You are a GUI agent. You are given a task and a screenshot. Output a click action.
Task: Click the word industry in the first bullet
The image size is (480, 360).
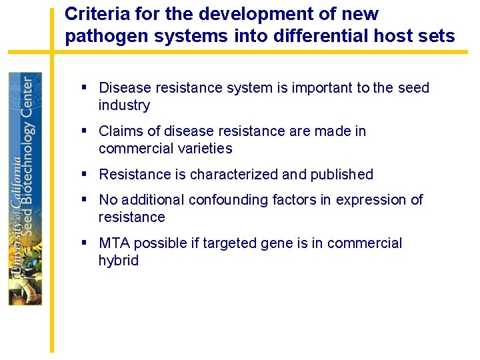(124, 105)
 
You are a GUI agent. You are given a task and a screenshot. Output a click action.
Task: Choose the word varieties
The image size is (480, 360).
(202, 149)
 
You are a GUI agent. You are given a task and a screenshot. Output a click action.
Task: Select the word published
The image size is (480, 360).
(340, 175)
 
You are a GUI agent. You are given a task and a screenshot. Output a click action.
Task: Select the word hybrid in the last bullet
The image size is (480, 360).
(118, 261)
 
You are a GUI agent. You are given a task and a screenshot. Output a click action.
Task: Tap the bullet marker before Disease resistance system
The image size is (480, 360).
(85, 87)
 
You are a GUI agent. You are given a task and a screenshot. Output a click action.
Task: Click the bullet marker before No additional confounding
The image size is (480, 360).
(85, 199)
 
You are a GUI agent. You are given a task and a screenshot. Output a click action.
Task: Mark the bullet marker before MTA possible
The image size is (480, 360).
(85, 243)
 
